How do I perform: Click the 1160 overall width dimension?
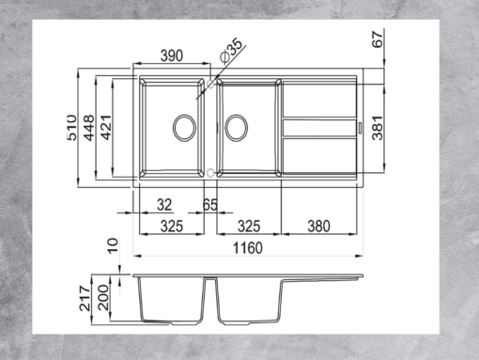[246, 248]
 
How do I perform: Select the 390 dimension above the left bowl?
[170, 56]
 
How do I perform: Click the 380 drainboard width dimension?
[318, 227]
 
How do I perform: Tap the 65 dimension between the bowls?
[210, 204]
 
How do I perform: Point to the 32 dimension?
[164, 204]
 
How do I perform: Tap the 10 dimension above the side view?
[112, 246]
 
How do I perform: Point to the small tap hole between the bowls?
[210, 172]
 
